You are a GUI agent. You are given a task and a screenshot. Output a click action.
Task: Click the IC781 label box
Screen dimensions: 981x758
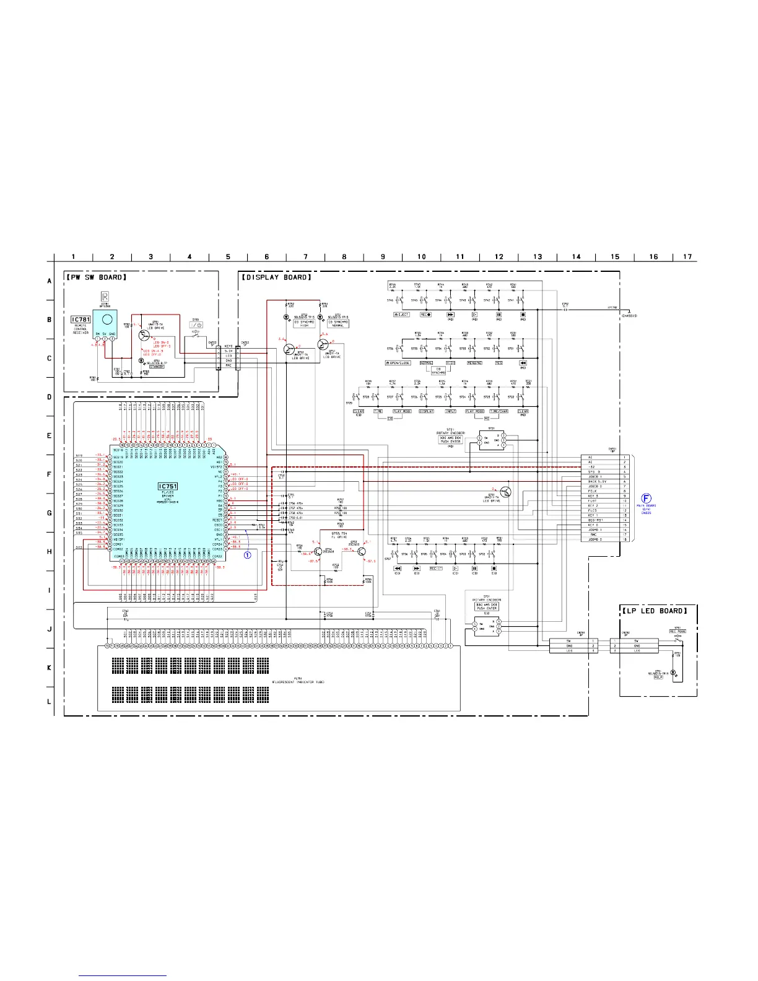click(x=81, y=319)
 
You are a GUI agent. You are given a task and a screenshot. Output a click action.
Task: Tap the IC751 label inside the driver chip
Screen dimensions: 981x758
click(x=168, y=486)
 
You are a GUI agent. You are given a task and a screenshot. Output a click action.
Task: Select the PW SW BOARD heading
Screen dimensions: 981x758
click(x=97, y=277)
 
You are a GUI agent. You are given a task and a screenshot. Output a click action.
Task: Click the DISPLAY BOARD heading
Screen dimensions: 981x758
click(x=277, y=277)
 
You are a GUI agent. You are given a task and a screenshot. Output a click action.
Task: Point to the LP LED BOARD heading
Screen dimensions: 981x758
click(x=658, y=611)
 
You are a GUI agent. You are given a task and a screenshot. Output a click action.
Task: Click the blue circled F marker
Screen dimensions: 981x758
click(x=646, y=498)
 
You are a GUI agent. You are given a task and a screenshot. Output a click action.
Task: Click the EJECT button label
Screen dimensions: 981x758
click(x=402, y=315)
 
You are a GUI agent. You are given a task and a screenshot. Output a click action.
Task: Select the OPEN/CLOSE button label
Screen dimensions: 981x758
click(x=398, y=363)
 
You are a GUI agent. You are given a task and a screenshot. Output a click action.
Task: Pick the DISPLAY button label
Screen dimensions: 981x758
click(x=427, y=411)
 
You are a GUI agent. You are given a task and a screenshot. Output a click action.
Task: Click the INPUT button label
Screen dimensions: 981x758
click(x=450, y=411)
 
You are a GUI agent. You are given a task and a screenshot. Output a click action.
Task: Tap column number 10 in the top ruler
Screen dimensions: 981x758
click(x=421, y=256)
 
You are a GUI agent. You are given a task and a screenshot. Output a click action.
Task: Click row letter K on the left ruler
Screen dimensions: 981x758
click(x=50, y=668)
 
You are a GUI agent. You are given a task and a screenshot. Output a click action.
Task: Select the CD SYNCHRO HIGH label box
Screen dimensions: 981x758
click(x=305, y=324)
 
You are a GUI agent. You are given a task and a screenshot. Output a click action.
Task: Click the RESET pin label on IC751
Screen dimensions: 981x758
click(x=218, y=520)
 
